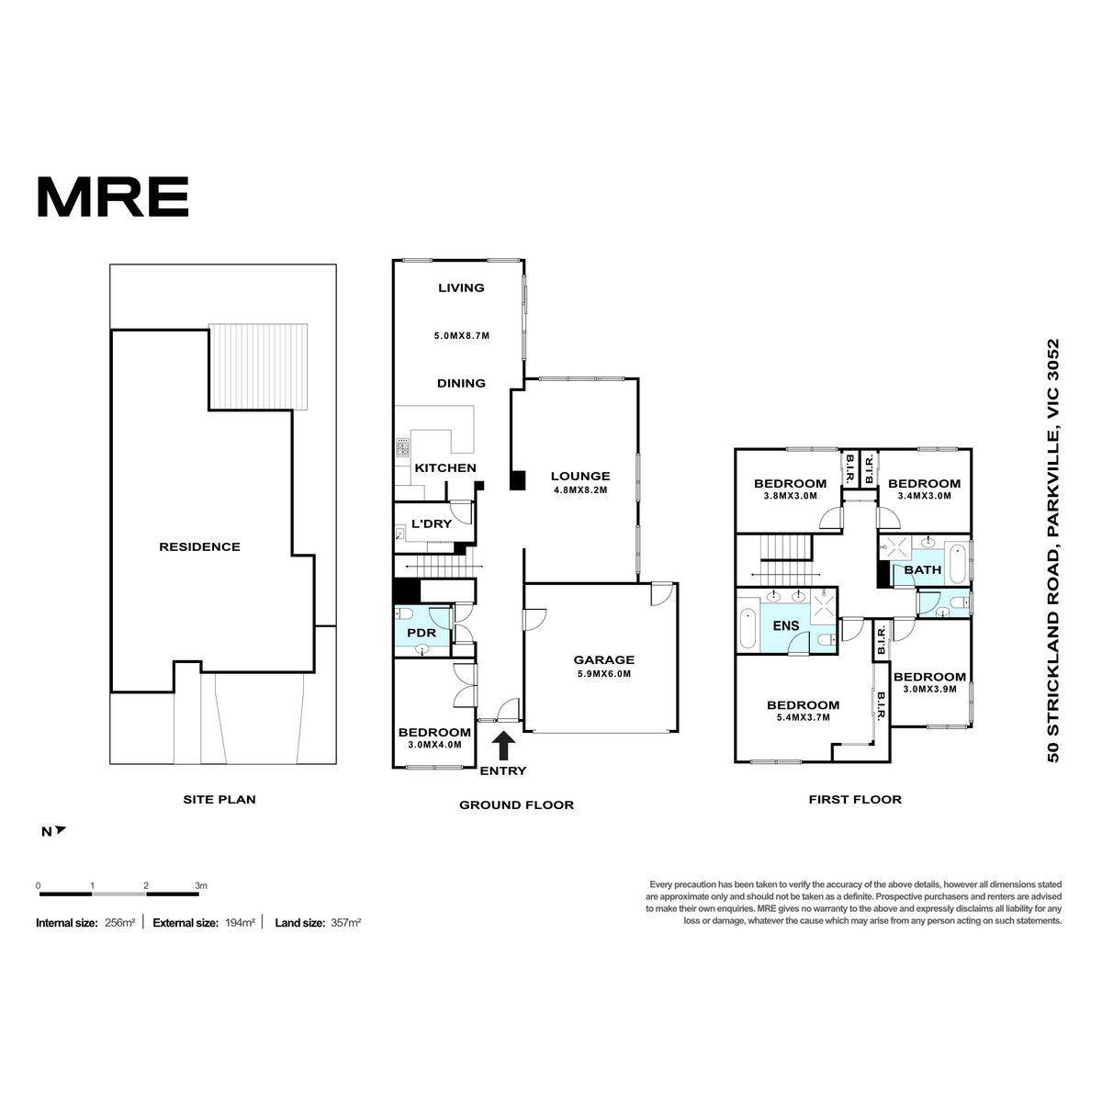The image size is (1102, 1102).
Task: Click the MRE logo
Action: [x=113, y=197]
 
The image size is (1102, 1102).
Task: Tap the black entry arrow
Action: [x=502, y=746]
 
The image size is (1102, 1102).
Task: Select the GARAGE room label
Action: [x=604, y=659]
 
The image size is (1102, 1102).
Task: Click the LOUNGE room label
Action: [x=579, y=476]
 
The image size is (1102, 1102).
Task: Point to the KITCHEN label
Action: [x=444, y=467]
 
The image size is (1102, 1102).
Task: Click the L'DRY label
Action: [x=432, y=523]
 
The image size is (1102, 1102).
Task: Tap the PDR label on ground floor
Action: [x=422, y=633]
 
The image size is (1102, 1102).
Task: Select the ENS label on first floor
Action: [x=786, y=625]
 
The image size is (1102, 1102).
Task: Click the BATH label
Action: [x=922, y=569]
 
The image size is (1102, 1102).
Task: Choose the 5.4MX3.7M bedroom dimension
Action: [x=803, y=717]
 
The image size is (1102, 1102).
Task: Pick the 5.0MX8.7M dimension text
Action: [x=462, y=336]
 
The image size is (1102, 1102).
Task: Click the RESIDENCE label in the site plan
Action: [x=199, y=546]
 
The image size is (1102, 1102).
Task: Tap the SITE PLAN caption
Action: [x=219, y=800]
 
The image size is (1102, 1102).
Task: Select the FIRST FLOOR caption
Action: [x=855, y=800]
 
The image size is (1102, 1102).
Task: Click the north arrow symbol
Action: [x=60, y=830]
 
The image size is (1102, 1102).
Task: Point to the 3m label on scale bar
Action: [x=201, y=886]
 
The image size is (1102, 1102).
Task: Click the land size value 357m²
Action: [x=345, y=922]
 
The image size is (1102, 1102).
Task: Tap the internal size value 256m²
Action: [x=119, y=922]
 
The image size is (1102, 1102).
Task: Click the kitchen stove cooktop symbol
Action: [x=402, y=447]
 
